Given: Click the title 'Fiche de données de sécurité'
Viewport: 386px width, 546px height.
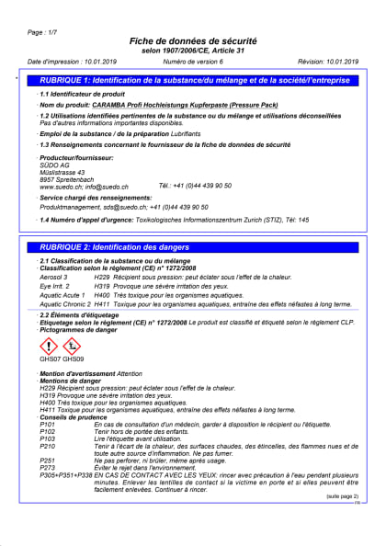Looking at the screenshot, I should (x=192, y=42).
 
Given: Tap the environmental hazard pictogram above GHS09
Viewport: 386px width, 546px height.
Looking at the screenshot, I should (x=72, y=346).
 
